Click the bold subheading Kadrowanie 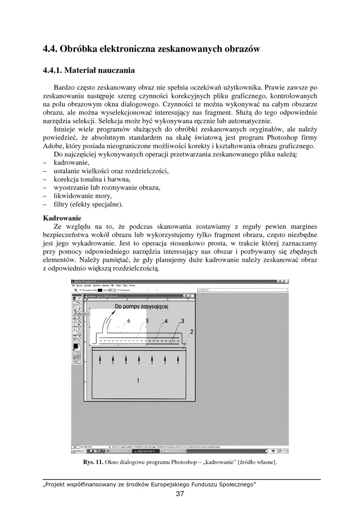(62, 218)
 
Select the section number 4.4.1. (53, 70)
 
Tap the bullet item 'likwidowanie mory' (83, 196)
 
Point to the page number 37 (180, 494)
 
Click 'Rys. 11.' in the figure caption (93, 462)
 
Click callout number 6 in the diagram (129, 321)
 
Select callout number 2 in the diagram (191, 332)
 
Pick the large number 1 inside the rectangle (138, 380)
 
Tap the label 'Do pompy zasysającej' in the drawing (141, 307)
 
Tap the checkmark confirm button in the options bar (199, 290)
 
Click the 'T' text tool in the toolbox (79, 329)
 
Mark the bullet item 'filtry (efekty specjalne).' (88, 204)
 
